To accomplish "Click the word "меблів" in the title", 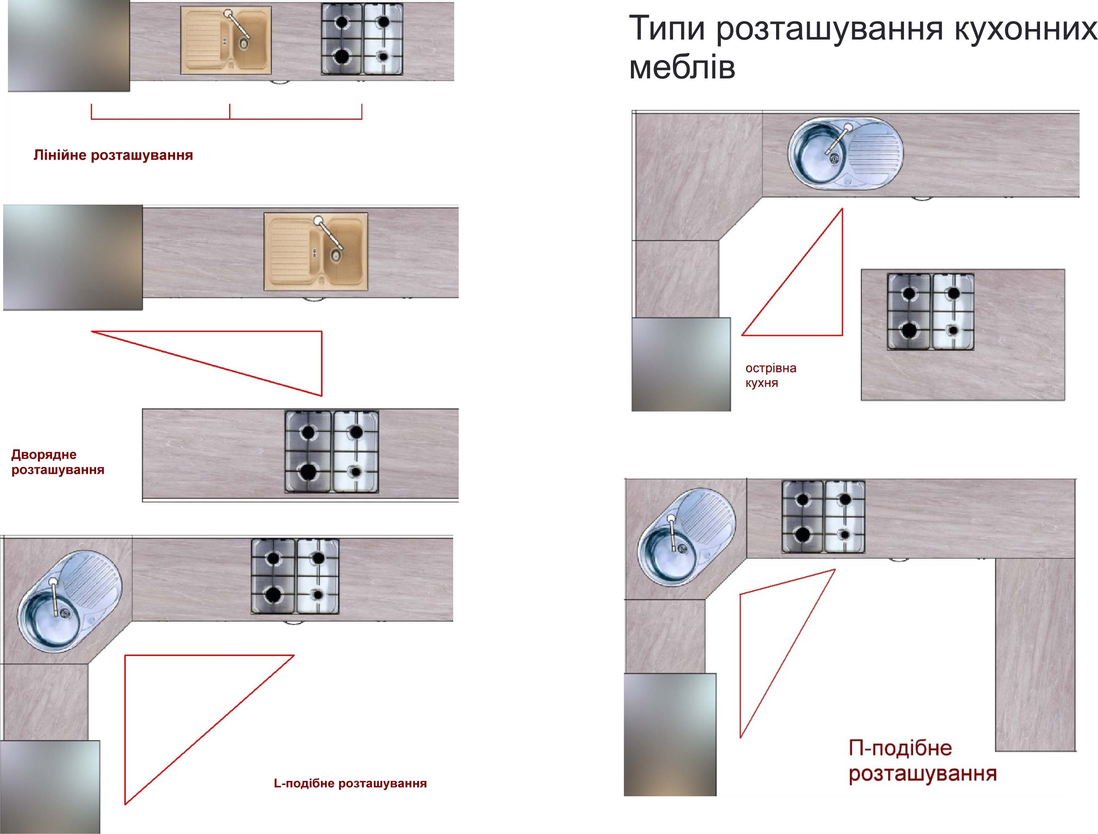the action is click(x=682, y=67).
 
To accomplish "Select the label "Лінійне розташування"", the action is click(x=113, y=155).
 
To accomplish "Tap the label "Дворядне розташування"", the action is click(x=58, y=462).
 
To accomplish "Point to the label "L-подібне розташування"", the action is click(x=350, y=783).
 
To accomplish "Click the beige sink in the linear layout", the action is click(x=226, y=40).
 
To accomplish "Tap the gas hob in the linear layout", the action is click(x=362, y=39).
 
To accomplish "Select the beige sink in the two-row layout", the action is click(x=316, y=252).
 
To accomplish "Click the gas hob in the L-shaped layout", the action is click(x=295, y=576).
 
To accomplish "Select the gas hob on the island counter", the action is click(x=931, y=311).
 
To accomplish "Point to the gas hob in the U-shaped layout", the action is click(x=824, y=516).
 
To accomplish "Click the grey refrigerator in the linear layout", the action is click(x=69, y=46).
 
